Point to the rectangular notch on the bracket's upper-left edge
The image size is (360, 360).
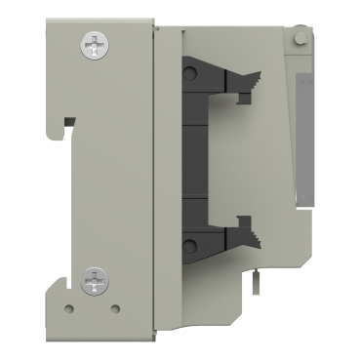pos(68,123)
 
